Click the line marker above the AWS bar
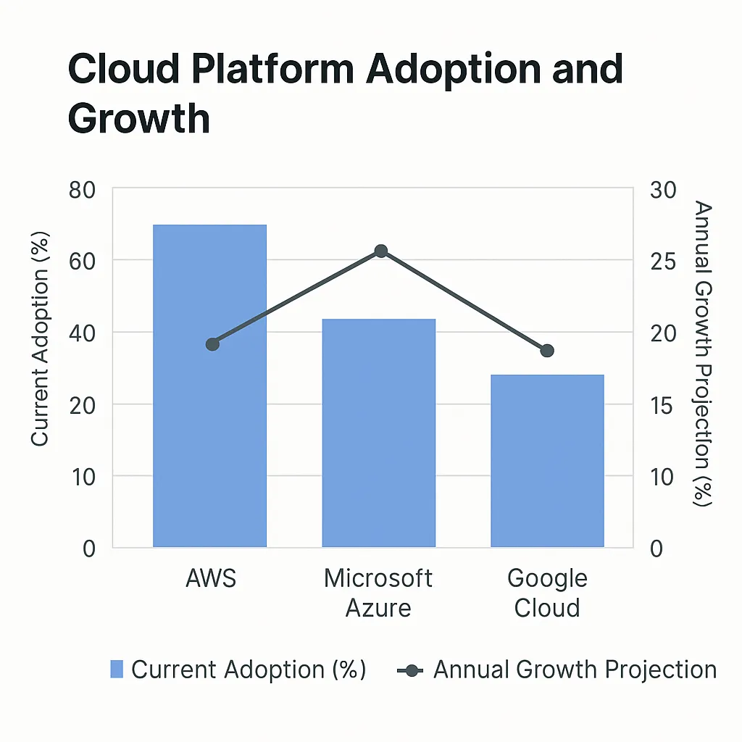(212, 344)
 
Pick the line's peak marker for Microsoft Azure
(381, 251)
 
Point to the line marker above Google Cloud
(547, 351)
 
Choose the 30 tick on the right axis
(662, 190)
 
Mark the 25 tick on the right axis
(662, 261)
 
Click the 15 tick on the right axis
(662, 404)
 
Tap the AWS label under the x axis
(211, 579)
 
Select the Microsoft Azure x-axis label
(378, 593)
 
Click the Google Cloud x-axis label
(547, 593)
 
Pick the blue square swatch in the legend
(117, 670)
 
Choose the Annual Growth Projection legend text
(575, 670)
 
